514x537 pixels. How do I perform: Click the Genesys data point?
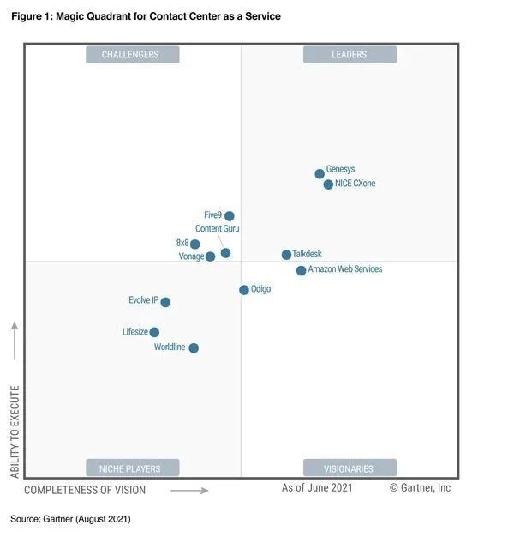pyautogui.click(x=320, y=173)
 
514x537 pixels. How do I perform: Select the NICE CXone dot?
pyautogui.click(x=328, y=184)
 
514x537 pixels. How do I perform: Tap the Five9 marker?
pyautogui.click(x=229, y=216)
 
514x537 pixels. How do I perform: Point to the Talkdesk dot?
pyautogui.click(x=286, y=255)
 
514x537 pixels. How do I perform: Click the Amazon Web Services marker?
pyautogui.click(x=301, y=270)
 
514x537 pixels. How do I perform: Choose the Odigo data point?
pyautogui.click(x=244, y=290)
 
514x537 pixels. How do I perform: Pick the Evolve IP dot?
pyautogui.click(x=165, y=302)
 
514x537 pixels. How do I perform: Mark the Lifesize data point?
pyautogui.click(x=154, y=332)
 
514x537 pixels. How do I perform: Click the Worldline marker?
pyautogui.click(x=194, y=347)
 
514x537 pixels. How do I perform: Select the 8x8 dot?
pyautogui.click(x=194, y=244)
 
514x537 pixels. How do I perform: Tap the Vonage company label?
pyautogui.click(x=191, y=256)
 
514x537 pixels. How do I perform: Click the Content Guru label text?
pyautogui.click(x=218, y=229)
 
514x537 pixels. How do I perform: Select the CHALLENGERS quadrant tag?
pyautogui.click(x=132, y=55)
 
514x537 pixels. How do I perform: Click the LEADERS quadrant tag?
pyautogui.click(x=350, y=55)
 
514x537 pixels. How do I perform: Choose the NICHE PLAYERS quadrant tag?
pyautogui.click(x=133, y=468)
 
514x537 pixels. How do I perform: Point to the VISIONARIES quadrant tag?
pyautogui.click(x=350, y=468)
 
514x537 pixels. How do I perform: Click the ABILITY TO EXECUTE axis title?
pyautogui.click(x=15, y=431)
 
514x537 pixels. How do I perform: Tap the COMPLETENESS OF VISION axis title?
pyautogui.click(x=85, y=491)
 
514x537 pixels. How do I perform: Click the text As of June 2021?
pyautogui.click(x=317, y=488)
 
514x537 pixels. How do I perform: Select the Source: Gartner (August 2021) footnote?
pyautogui.click(x=70, y=519)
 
